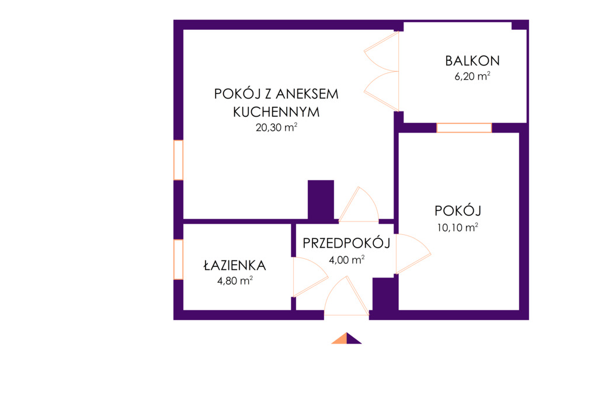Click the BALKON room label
(472, 61)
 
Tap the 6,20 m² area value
(472, 76)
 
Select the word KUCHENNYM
(276, 112)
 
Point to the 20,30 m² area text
(276, 127)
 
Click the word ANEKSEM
(307, 94)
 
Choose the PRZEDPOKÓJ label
(346, 243)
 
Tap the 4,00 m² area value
(346, 260)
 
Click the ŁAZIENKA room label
(235, 265)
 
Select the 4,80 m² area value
(235, 281)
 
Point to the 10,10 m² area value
(457, 227)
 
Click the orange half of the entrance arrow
(341, 339)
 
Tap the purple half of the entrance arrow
(353, 339)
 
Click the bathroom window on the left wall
(178, 259)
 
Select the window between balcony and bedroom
(464, 128)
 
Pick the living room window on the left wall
(178, 160)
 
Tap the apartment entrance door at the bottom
(347, 296)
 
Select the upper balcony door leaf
(381, 51)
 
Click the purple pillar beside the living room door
(321, 200)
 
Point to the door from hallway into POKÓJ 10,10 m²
(413, 254)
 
